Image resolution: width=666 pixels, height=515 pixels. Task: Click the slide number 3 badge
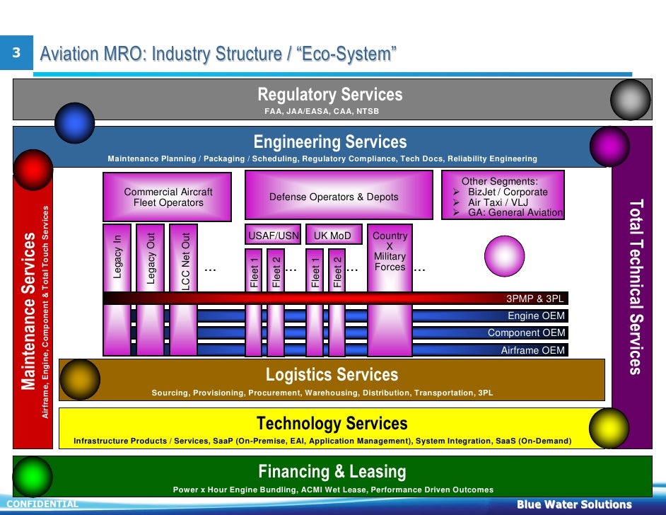coord(16,53)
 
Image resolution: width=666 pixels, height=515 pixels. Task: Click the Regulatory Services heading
coord(329,95)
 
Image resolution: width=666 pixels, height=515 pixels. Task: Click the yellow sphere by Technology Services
coord(609,428)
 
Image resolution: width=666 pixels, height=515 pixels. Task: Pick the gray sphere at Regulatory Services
coord(630,99)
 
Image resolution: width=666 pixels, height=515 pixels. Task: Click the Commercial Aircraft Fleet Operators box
coord(168,197)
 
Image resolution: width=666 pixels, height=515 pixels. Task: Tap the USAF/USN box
coord(273,236)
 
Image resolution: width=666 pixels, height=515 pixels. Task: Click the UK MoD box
coord(333,236)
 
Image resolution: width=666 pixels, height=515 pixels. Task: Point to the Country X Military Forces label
coord(390,251)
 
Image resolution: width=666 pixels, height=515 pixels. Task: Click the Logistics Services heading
coord(332,374)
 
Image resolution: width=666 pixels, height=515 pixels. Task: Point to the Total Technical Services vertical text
coord(635,287)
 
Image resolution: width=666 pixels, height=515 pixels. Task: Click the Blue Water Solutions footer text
coord(573,504)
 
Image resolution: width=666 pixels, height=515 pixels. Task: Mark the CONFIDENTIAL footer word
coord(42,504)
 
